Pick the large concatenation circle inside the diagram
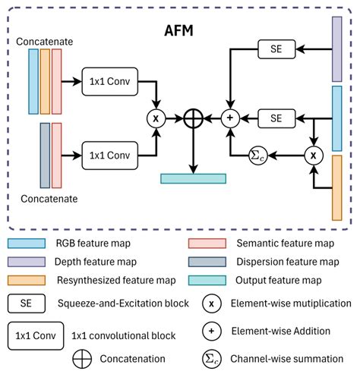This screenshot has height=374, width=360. click(194, 118)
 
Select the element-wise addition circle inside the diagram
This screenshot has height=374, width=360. click(230, 118)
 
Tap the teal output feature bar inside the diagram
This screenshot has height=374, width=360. click(194, 179)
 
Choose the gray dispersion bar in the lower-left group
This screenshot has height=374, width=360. click(45, 153)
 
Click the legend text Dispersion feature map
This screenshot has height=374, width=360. click(287, 262)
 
